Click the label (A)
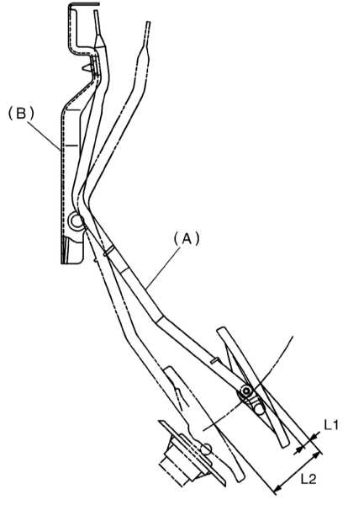pos(187,239)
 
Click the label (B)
pos(21,114)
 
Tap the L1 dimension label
pos(331,425)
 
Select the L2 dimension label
pos(309,480)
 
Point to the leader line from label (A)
pos(162,269)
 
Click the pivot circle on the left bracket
pos(76,221)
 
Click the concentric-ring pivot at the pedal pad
pos(246,391)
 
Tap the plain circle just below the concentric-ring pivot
pos(259,408)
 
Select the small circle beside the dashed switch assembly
pos(206,449)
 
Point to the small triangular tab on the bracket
pos(87,67)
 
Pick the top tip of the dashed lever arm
pos(148,23)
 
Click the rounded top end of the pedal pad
pos(221,330)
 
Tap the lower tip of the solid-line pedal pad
pos(285,445)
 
